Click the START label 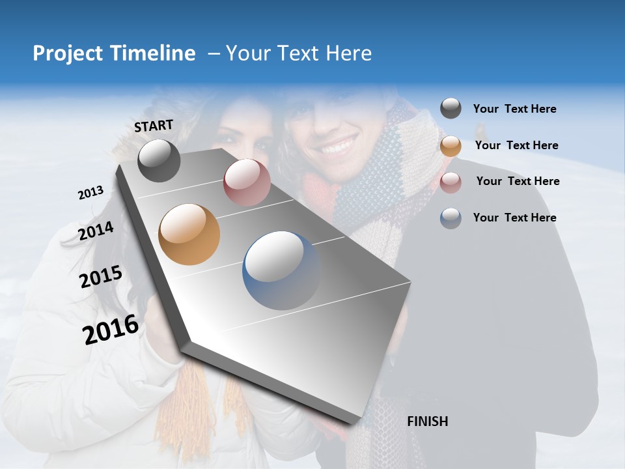(154, 126)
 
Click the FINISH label (427, 421)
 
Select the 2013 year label (90, 193)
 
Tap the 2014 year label (96, 231)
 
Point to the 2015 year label (101, 277)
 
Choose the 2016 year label (111, 330)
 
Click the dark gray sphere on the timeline (159, 160)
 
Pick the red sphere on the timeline (247, 182)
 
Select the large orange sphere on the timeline (189, 234)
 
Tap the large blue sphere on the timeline (281, 270)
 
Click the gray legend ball (451, 109)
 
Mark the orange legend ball (451, 146)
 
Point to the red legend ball (451, 182)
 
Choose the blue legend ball (451, 218)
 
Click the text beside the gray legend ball (514, 109)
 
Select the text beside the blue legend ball (514, 218)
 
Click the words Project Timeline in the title (114, 53)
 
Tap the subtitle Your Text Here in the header (298, 53)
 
